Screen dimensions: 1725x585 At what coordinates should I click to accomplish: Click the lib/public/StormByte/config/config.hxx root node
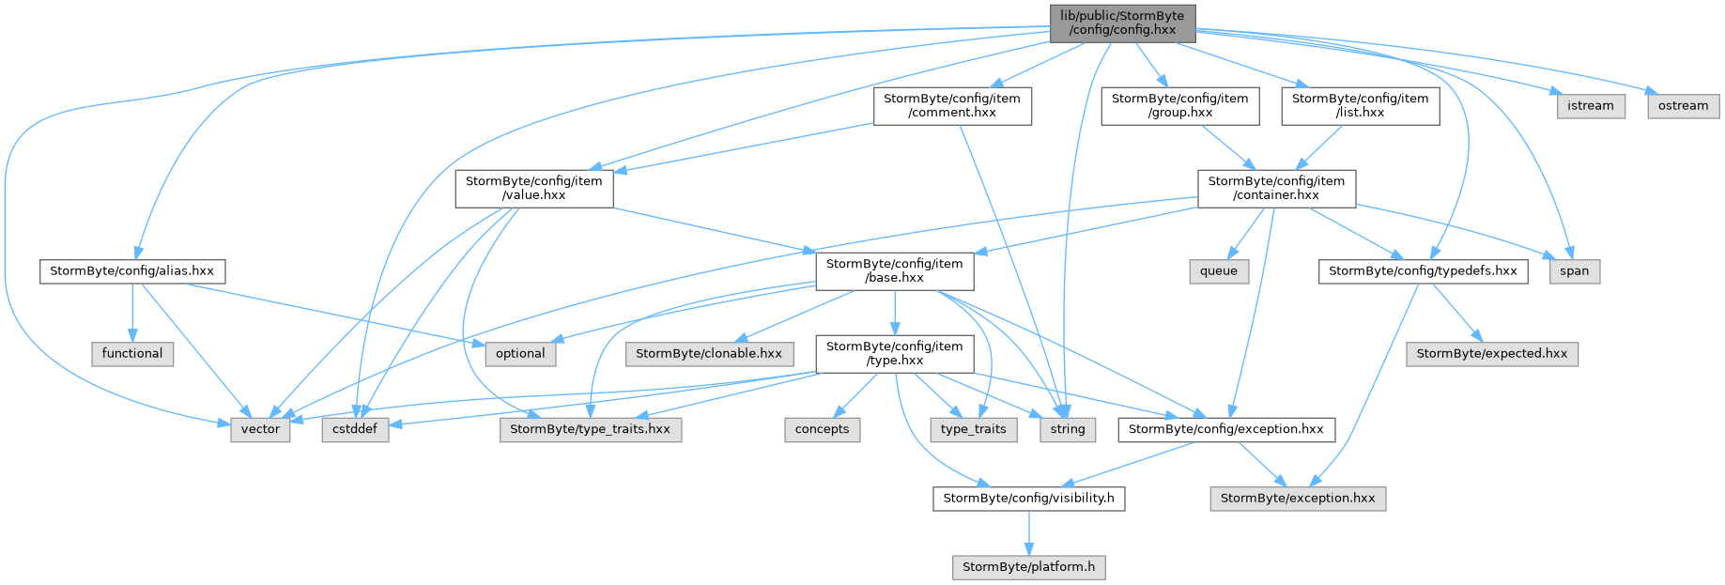[1122, 23]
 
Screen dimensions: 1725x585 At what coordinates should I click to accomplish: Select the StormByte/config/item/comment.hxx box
[952, 106]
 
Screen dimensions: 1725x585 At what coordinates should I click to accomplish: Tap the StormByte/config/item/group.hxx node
[1180, 106]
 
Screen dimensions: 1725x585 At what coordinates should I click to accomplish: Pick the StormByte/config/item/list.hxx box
[1361, 106]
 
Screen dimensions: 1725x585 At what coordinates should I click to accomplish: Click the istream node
[1591, 106]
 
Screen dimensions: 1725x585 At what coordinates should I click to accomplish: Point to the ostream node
[1683, 106]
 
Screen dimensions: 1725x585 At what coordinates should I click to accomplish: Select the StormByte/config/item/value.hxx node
[534, 189]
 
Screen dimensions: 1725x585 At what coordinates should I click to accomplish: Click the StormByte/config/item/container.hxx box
[1277, 189]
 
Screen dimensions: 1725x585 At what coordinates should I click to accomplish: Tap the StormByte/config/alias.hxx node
[132, 271]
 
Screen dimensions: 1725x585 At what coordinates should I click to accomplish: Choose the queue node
[1219, 271]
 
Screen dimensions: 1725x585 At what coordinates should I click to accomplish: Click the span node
[1575, 271]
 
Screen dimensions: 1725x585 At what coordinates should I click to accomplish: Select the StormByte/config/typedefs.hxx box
[1424, 271]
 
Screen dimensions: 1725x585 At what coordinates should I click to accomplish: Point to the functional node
[132, 354]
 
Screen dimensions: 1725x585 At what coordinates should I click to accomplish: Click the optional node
[520, 354]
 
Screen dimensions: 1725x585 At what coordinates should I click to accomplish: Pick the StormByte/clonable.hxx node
[709, 354]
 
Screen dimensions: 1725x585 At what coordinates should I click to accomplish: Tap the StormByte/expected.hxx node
[1492, 354]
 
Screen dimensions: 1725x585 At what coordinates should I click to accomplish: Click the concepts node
[822, 430]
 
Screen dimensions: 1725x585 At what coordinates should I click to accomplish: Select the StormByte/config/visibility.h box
[1029, 499]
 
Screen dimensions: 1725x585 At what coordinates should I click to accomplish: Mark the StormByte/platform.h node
[1029, 567]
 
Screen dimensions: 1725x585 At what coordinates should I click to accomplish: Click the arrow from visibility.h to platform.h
[1029, 533]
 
